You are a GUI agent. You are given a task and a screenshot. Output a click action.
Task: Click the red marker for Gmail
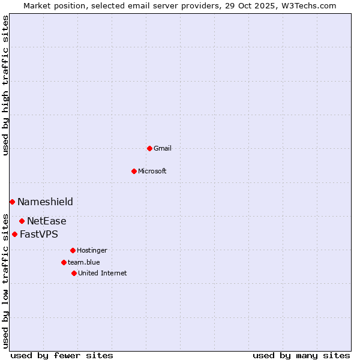(149, 148)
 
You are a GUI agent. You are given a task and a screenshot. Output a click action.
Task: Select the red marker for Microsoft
(134, 171)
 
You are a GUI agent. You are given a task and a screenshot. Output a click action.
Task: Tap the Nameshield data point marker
(12, 202)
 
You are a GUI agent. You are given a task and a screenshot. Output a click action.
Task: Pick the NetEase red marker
(22, 221)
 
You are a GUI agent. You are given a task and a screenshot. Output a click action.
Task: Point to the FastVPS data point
(14, 234)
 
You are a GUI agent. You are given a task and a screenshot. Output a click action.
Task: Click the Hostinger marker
(73, 250)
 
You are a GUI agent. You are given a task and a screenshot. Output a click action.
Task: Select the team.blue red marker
(64, 262)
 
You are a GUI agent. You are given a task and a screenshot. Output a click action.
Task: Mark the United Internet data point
(74, 273)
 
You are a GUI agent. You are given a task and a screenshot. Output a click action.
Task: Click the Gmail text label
(163, 148)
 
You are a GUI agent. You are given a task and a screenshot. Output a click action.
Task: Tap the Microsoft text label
(152, 171)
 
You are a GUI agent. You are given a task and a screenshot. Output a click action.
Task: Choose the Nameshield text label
(45, 202)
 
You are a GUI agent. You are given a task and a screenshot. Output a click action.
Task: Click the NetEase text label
(47, 221)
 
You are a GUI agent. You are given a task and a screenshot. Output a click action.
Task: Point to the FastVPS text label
(39, 234)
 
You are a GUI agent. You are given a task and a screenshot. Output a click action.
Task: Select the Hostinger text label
(92, 250)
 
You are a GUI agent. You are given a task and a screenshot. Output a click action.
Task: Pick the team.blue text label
(84, 262)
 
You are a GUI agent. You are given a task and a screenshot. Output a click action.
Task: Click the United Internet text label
(103, 273)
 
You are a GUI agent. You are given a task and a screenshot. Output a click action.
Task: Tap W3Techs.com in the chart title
(308, 5)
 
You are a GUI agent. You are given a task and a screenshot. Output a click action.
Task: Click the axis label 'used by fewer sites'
(62, 355)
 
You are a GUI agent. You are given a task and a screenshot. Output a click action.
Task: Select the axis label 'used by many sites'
(301, 355)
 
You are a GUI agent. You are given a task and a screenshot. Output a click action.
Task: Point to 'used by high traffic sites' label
(5, 85)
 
